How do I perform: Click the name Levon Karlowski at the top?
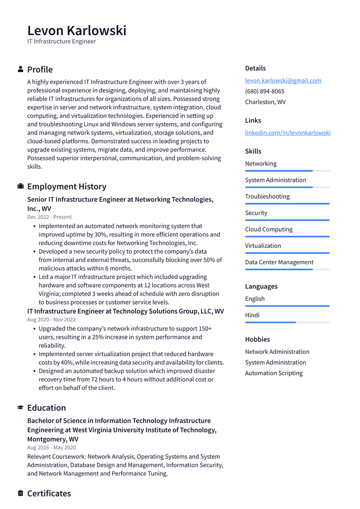[x=76, y=30]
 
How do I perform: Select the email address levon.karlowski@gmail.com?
[x=283, y=81]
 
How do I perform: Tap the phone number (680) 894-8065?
[x=264, y=91]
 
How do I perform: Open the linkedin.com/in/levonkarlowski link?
[x=287, y=133]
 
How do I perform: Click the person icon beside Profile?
[x=21, y=69]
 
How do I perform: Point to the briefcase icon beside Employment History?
[x=21, y=187]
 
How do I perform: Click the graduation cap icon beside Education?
[x=21, y=408]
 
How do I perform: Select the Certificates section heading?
[x=49, y=494]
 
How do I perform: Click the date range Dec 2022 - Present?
[x=49, y=217]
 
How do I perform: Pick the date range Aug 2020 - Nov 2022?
[x=51, y=320]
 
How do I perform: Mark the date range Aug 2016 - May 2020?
[x=51, y=448]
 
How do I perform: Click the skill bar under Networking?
[x=287, y=171]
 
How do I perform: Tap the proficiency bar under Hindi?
[x=287, y=322]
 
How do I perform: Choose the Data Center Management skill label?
[x=279, y=262]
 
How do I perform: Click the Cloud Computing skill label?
[x=269, y=229]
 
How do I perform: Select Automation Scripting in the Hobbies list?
[x=274, y=373]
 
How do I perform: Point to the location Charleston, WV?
[x=265, y=102]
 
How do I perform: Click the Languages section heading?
[x=261, y=286]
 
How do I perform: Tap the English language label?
[x=255, y=299]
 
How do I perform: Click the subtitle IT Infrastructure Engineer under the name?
[x=61, y=42]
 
